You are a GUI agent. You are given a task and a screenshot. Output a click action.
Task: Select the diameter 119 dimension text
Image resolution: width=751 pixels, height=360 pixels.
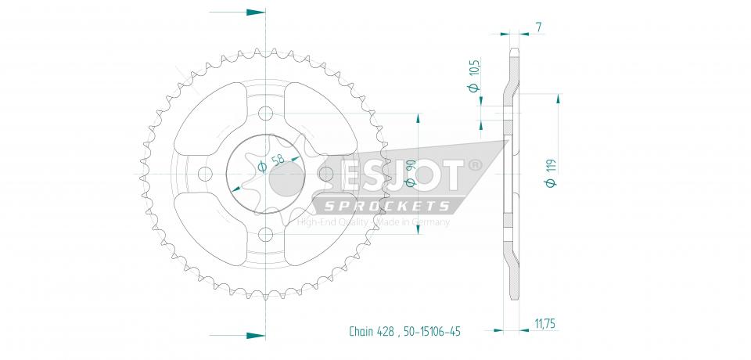coord(551,173)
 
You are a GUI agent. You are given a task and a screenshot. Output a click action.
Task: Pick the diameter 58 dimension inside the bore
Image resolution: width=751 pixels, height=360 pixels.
coord(271,164)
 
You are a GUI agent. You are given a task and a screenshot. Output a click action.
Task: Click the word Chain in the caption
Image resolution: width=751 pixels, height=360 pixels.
coord(361,332)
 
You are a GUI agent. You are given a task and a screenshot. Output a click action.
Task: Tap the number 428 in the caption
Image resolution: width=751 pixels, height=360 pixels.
coord(387,332)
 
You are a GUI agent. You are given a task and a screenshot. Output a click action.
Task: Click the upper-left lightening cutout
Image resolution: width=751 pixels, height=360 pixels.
coord(207,117)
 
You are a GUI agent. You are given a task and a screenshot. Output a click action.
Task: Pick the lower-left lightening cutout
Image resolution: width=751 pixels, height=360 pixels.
coord(207,230)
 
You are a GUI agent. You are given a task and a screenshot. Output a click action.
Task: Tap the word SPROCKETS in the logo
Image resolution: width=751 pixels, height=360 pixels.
coord(387,206)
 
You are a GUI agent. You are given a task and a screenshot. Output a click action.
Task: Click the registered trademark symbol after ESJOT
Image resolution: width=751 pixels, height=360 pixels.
coord(474,166)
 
